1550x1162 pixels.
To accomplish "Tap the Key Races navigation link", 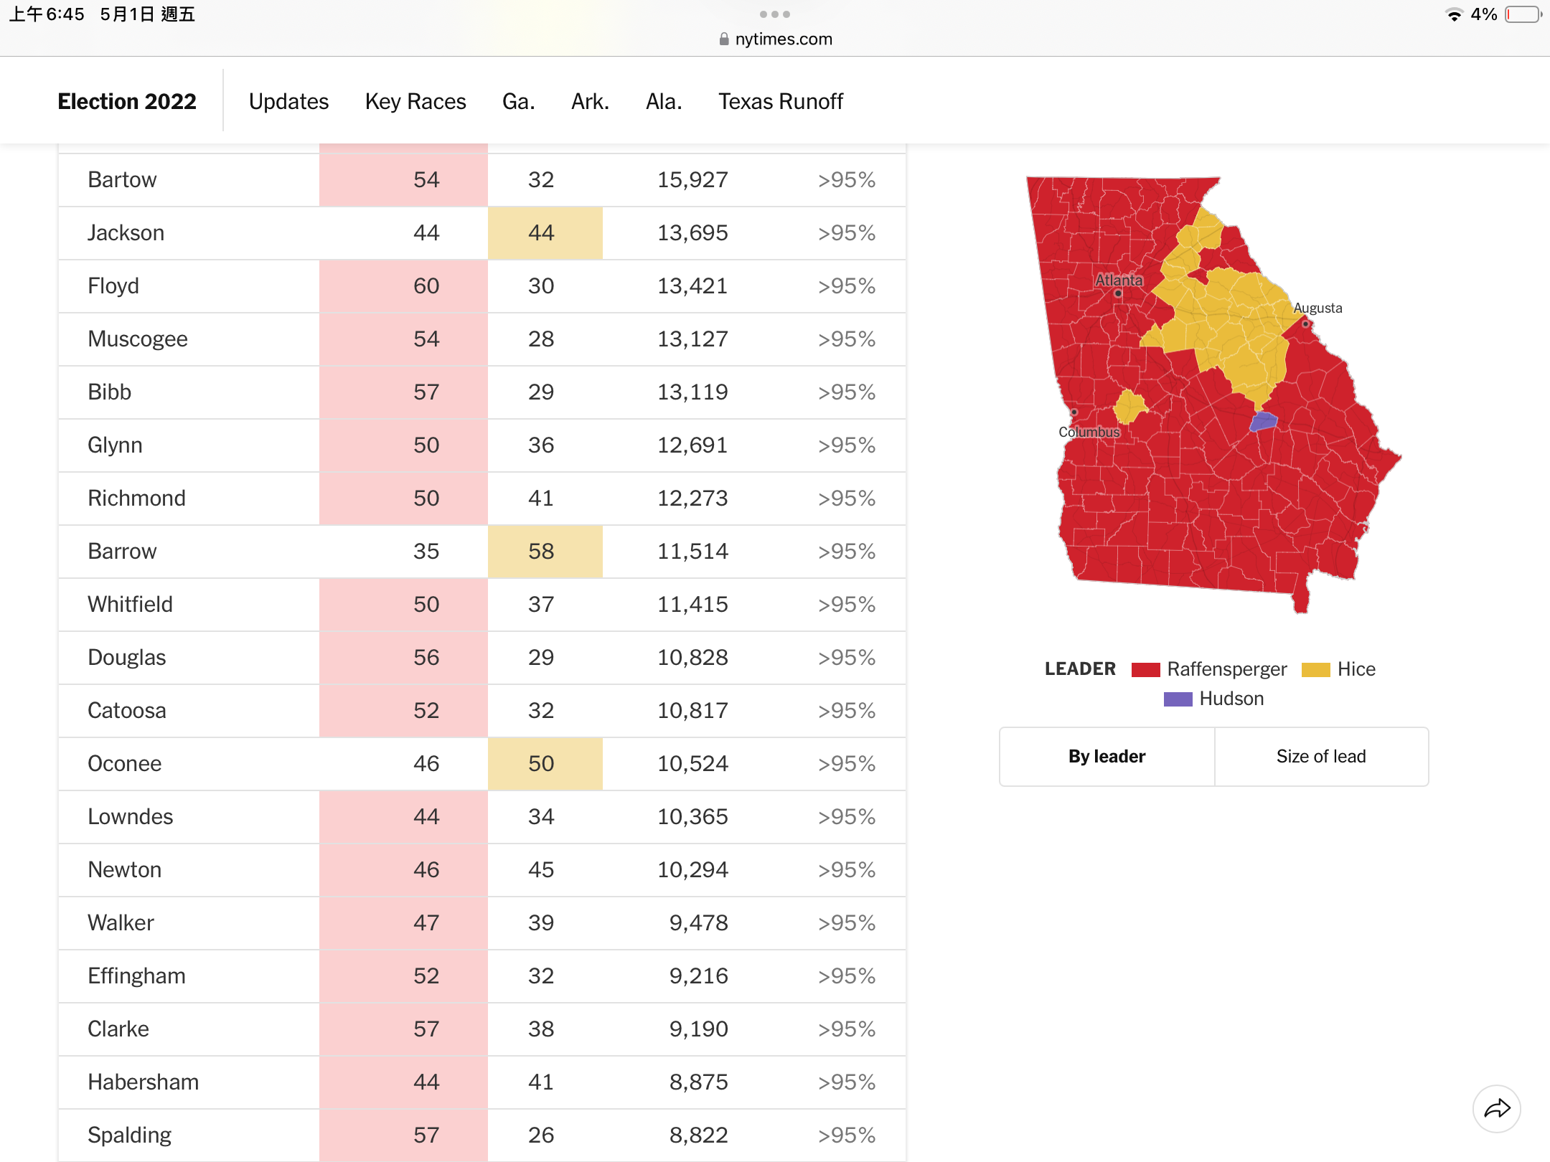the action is click(415, 101).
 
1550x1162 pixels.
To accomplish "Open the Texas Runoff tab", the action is click(781, 101).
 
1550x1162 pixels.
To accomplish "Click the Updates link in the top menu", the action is click(288, 101).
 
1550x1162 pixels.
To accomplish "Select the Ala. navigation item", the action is click(664, 101).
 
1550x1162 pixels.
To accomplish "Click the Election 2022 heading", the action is click(127, 101).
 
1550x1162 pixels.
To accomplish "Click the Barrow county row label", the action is click(122, 551).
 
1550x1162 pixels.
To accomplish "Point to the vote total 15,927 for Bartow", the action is click(692, 179).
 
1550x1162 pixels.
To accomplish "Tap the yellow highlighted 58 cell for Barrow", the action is click(545, 551).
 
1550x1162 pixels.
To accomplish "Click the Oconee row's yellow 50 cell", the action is click(545, 763).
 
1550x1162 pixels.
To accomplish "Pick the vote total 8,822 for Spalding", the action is click(698, 1135).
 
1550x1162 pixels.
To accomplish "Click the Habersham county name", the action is click(144, 1082).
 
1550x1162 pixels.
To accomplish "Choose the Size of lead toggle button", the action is click(1321, 757).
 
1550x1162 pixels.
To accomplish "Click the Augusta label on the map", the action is click(1317, 308).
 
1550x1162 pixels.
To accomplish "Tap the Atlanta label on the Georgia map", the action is click(1119, 280).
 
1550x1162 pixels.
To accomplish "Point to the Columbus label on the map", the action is click(1089, 432).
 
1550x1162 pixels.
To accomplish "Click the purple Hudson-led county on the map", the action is click(1264, 421).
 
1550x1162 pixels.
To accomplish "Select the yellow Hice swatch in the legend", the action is click(1316, 669).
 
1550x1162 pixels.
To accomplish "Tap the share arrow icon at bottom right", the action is click(1497, 1109).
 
